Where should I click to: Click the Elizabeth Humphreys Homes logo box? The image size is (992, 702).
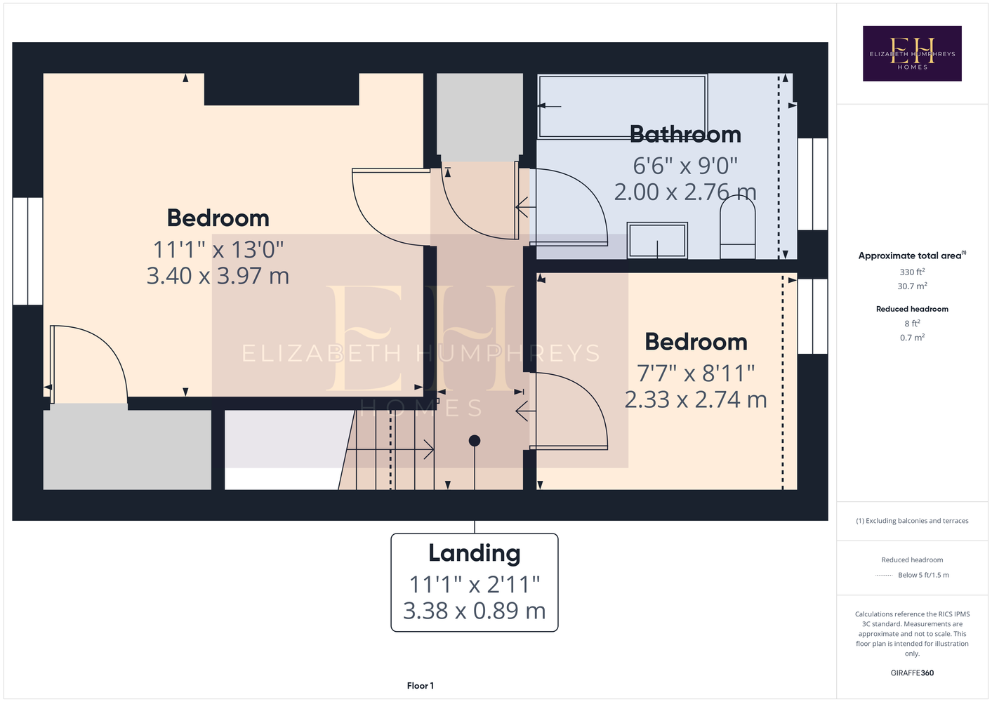912,53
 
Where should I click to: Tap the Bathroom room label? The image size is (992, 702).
685,134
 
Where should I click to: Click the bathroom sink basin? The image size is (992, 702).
657,240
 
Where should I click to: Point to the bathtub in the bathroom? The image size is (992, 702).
622,106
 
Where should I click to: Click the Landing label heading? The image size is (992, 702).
475,553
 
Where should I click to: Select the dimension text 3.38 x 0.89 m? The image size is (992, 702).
475,610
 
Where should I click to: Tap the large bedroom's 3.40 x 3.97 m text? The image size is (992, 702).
218,275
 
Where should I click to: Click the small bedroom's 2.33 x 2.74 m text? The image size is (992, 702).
696,399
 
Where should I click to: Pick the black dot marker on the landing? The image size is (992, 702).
475,441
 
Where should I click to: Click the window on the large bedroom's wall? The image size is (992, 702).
27,251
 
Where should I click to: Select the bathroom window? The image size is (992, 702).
813,184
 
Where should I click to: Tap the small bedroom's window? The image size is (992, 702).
813,316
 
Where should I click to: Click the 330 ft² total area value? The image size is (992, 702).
912,272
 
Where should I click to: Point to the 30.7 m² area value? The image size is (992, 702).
912,286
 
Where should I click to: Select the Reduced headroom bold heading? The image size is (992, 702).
912,309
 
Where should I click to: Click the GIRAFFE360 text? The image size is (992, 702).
912,673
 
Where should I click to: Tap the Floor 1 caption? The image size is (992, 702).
421,686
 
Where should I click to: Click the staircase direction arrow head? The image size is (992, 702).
429,449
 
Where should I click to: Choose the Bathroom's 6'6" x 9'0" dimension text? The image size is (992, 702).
685,166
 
